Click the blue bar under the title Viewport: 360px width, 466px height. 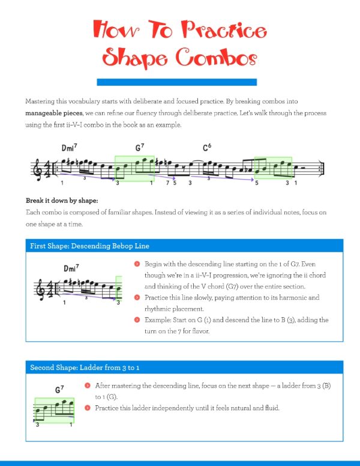click(x=176, y=82)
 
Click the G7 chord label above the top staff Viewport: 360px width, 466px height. click(x=140, y=148)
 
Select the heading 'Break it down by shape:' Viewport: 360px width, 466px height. click(x=62, y=200)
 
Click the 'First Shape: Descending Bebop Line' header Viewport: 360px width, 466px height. click(x=90, y=246)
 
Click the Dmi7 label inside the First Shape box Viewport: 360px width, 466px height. click(x=71, y=268)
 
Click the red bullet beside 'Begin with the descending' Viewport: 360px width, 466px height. click(x=137, y=264)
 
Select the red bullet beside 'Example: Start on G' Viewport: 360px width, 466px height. click(x=137, y=320)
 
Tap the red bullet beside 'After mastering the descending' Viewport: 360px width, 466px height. click(x=88, y=385)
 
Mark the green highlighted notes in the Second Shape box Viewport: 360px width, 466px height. click(x=55, y=410)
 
